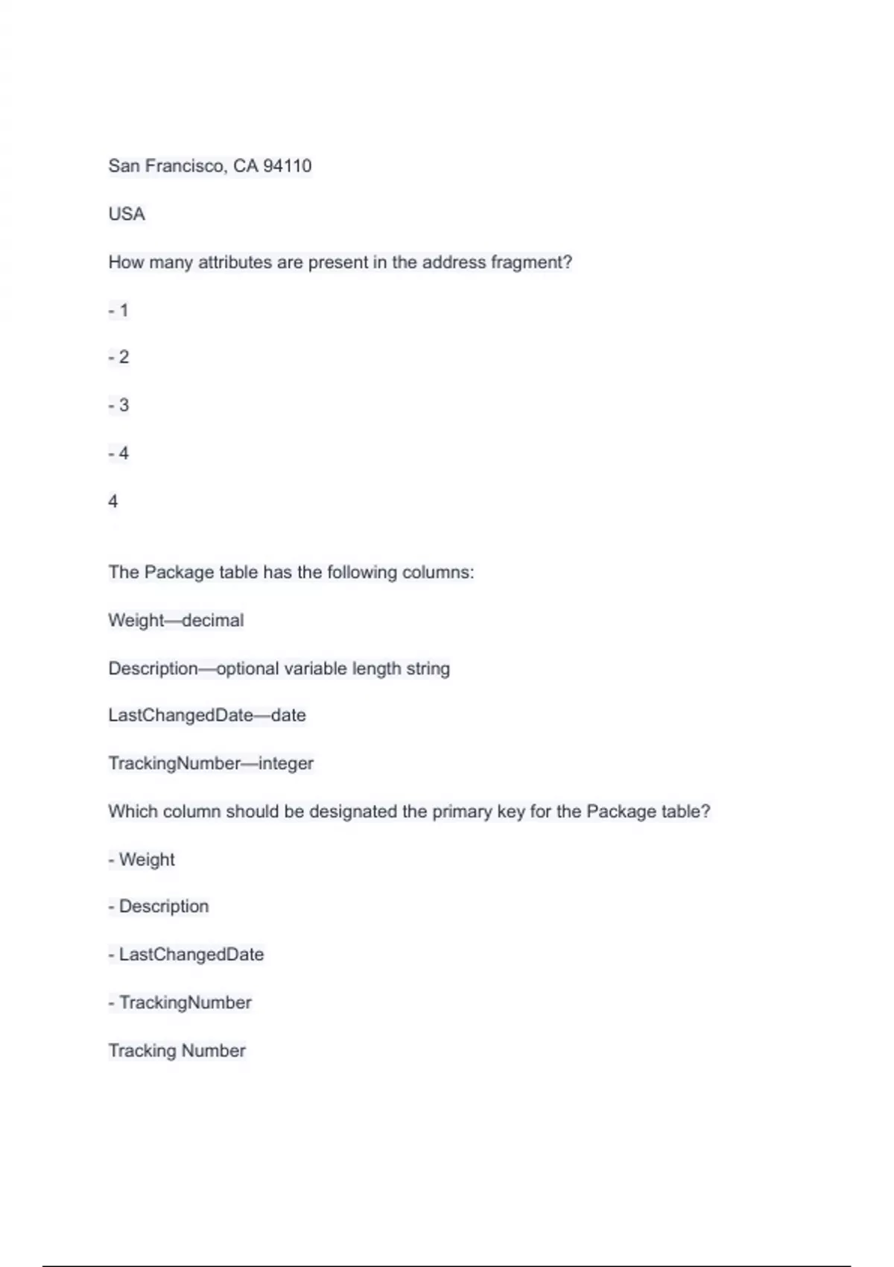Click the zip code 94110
287,165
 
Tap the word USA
127,214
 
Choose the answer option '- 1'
118,310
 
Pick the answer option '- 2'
118,357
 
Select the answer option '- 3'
118,405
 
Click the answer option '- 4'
118,453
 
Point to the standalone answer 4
113,501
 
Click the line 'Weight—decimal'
176,620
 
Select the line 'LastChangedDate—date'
207,715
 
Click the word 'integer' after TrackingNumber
286,763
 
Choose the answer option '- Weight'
142,859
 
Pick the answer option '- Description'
159,906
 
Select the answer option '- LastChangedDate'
186,954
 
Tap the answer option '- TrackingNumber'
180,1002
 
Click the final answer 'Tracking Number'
177,1050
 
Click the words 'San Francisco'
165,165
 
